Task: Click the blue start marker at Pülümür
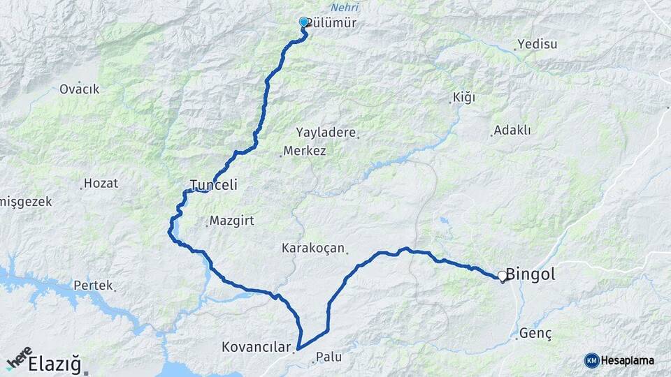[303, 22]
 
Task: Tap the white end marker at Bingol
[502, 276]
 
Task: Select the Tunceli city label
[214, 186]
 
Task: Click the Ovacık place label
[79, 89]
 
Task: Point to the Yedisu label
[537, 45]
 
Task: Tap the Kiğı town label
[463, 97]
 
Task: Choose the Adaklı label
[512, 131]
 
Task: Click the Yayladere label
[326, 133]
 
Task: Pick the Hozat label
[101, 184]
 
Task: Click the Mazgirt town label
[230, 221]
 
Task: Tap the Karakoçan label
[313, 248]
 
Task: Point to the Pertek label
[92, 286]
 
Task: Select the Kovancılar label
[255, 346]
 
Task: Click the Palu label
[329, 357]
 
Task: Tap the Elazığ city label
[55, 364]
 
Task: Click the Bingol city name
[531, 274]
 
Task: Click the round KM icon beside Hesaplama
[592, 360]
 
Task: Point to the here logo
[19, 358]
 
